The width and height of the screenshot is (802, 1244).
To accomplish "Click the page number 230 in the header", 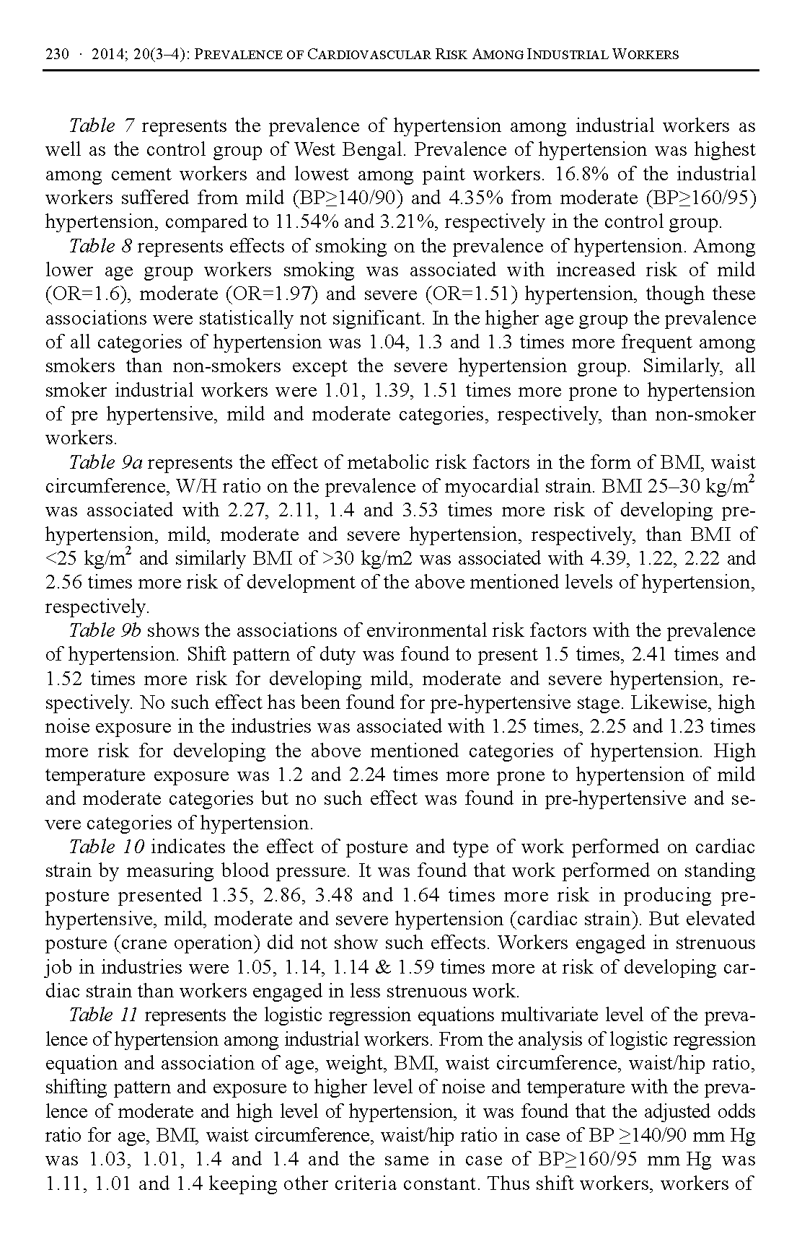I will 56,55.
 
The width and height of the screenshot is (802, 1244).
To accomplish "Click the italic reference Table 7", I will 101,126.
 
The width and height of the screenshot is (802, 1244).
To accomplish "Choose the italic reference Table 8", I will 100,247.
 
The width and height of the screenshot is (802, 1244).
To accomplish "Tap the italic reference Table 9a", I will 105,462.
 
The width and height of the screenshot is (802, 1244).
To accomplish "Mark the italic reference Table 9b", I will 105,631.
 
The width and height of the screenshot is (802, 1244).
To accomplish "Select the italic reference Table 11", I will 103,1015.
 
